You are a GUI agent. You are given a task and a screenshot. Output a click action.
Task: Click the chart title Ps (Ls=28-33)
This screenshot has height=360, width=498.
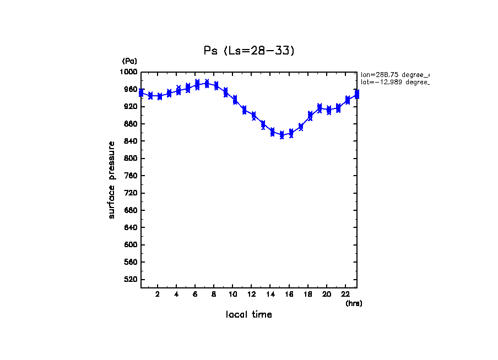click(249, 51)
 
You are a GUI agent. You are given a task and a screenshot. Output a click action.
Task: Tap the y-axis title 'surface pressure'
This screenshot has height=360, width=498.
click(112, 179)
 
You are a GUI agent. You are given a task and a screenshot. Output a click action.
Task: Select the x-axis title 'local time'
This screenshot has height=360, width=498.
click(249, 315)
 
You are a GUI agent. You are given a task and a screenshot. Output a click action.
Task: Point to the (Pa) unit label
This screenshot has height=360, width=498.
click(129, 61)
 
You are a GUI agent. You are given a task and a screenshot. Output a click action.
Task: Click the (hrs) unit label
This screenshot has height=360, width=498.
click(354, 303)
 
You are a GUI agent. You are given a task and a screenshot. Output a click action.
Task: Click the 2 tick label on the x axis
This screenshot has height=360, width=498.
click(158, 294)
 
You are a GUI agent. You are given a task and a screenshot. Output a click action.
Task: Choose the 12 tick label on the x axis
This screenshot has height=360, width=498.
click(252, 294)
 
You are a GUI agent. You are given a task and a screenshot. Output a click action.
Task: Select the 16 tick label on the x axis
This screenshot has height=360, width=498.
click(289, 294)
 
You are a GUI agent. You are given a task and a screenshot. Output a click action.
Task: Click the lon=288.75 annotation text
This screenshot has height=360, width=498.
click(394, 74)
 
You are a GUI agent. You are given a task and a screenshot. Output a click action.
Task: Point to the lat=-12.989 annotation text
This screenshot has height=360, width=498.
click(394, 82)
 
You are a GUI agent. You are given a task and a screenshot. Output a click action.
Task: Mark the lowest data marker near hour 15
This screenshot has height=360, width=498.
click(282, 135)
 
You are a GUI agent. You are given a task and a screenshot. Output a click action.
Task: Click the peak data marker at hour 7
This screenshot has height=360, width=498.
click(207, 84)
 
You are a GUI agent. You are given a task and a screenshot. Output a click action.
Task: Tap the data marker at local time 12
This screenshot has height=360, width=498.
click(253, 116)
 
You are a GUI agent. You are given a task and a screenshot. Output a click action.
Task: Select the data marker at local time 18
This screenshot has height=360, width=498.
click(310, 116)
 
